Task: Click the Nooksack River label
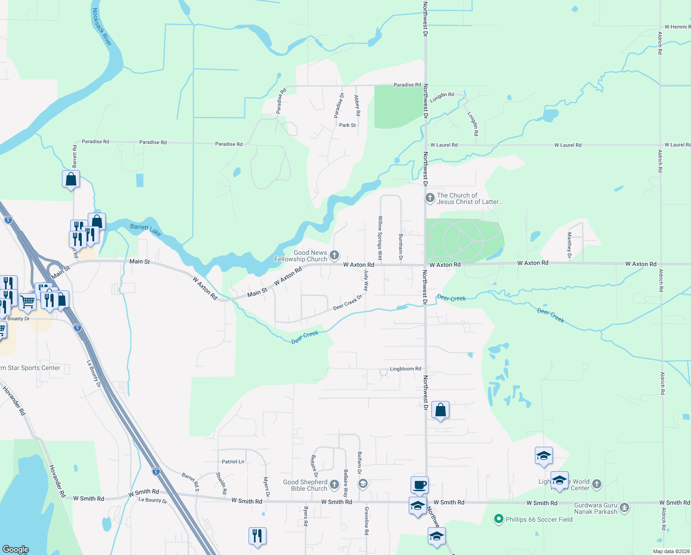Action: point(102,27)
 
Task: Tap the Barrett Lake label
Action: point(145,229)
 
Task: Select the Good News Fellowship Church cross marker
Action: point(334,255)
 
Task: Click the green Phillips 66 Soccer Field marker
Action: point(498,519)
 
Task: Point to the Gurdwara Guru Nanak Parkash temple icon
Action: point(624,508)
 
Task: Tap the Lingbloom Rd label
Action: point(405,369)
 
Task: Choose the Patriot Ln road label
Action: point(233,462)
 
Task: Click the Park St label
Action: point(347,125)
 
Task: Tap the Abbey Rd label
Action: point(357,105)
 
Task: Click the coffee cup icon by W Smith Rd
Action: point(419,485)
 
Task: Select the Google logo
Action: point(16,549)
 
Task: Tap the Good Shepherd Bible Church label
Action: point(305,485)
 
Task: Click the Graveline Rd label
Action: point(366,521)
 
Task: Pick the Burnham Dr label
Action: point(400,247)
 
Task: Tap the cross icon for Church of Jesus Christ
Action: point(430,198)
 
